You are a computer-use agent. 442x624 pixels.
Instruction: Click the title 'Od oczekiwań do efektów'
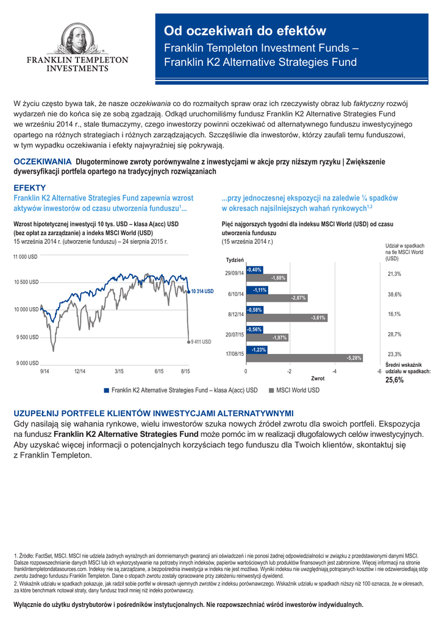[245, 31]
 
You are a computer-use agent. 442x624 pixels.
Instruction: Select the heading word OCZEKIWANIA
[43, 161]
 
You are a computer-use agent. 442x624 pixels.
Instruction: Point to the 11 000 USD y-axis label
[26, 257]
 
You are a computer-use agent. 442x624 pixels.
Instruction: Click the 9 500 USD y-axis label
[26, 337]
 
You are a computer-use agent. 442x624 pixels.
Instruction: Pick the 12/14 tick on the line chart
[80, 371]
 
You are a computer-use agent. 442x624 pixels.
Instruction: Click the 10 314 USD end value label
[202, 292]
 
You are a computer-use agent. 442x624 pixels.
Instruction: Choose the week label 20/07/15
[234, 335]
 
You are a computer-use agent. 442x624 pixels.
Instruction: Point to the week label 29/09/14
[234, 273]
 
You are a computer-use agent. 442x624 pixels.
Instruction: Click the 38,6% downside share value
[394, 294]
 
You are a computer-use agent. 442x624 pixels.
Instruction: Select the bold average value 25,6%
[394, 380]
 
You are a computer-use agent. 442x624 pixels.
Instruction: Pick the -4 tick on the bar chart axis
[335, 371]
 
